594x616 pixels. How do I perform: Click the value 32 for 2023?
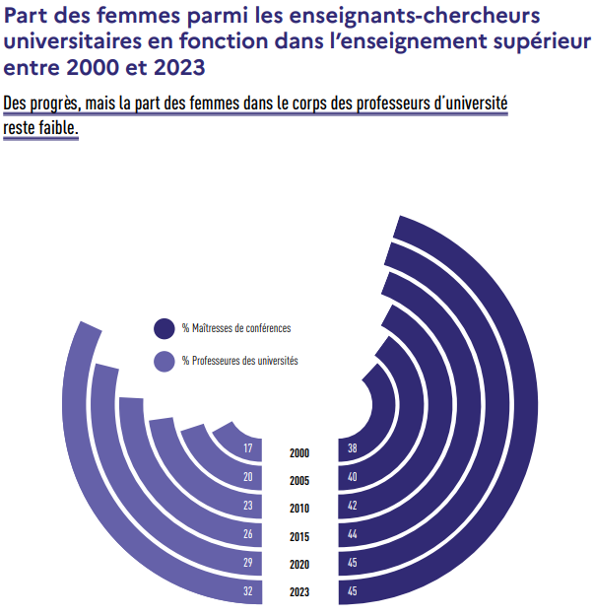pos(248,592)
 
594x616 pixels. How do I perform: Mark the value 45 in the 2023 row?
pos(353,592)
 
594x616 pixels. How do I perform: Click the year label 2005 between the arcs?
pos(299,481)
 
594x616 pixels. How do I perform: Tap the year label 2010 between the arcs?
pos(299,509)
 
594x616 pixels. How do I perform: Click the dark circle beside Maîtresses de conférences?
pos(164,328)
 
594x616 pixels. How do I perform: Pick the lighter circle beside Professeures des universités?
pos(164,361)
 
